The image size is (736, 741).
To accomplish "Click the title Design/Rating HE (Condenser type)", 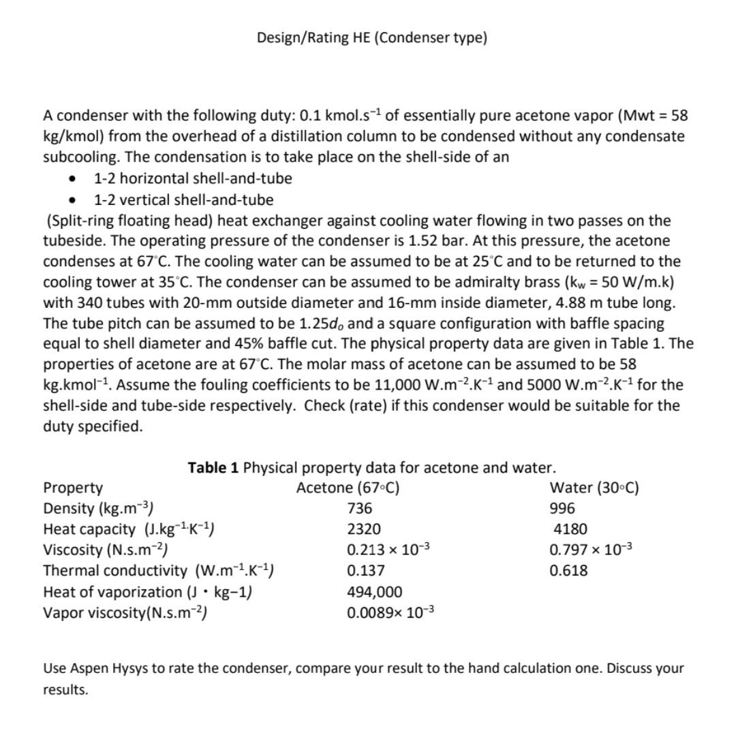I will [x=372, y=37].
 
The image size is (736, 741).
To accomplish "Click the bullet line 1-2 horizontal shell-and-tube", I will [x=193, y=178].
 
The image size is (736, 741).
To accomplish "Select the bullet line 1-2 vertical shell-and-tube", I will [x=183, y=200].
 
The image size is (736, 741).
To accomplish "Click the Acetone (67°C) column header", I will [x=348, y=488].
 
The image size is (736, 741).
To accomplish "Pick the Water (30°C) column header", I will [x=594, y=488].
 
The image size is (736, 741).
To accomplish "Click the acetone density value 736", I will [x=360, y=509].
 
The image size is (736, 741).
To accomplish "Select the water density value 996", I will [x=562, y=509].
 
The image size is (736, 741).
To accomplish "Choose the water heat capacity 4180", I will [x=570, y=529].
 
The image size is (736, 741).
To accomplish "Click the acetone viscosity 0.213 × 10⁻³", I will [x=388, y=550].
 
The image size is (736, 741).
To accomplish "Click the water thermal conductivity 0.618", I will [x=568, y=571].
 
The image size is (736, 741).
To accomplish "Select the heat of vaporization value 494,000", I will [x=374, y=592].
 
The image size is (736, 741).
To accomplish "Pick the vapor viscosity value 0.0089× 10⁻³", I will [x=390, y=612].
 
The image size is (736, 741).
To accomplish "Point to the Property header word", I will [x=73, y=488].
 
